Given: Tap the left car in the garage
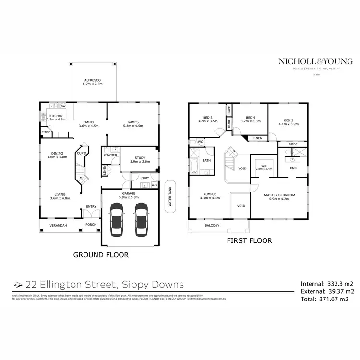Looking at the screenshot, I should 117,219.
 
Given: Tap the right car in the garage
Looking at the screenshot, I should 141,219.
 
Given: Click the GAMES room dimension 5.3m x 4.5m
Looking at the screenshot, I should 133,126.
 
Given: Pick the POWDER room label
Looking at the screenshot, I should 109,156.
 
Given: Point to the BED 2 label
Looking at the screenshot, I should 288,120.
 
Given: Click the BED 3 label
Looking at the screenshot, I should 208,118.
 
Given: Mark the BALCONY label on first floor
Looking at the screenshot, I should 212,225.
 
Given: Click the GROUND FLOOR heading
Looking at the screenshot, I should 101,255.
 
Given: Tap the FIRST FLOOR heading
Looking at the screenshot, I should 249,240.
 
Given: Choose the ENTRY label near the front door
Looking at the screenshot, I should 91,207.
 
